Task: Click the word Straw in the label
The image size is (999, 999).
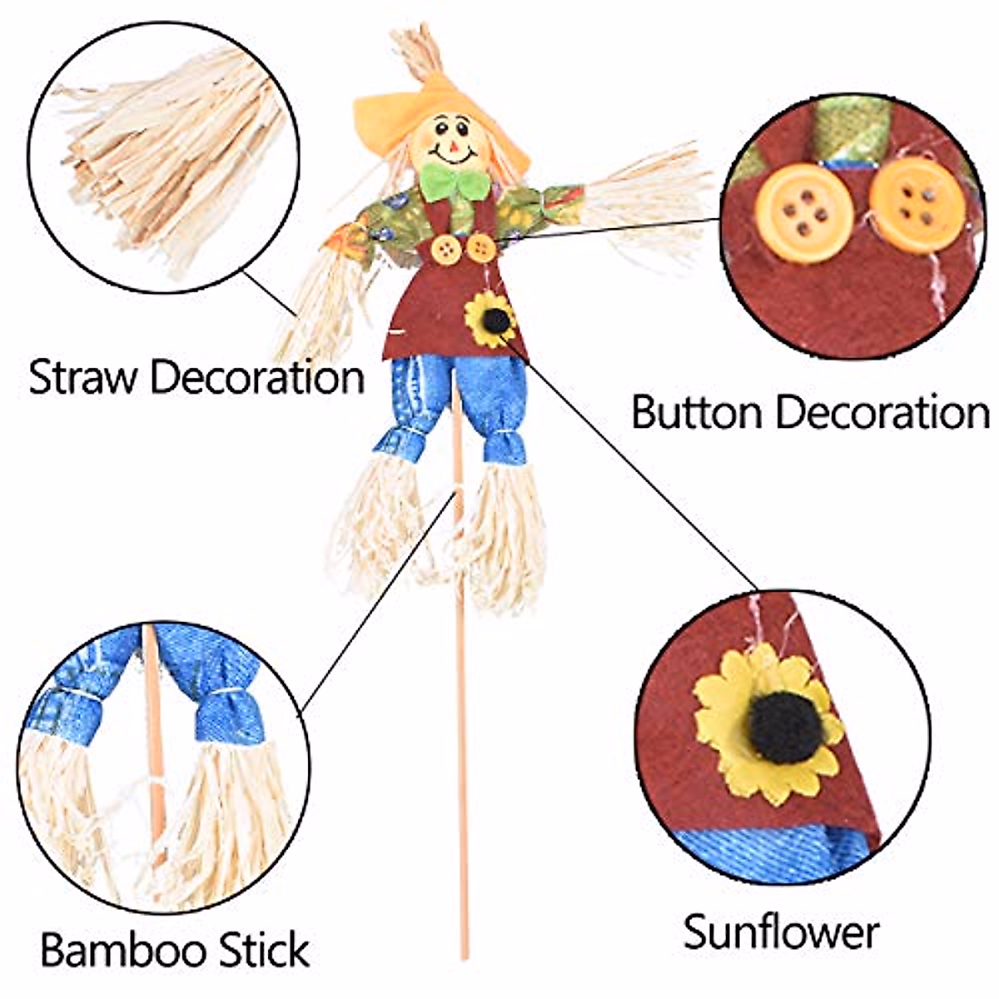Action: [82, 378]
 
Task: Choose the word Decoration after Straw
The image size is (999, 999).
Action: [258, 378]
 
